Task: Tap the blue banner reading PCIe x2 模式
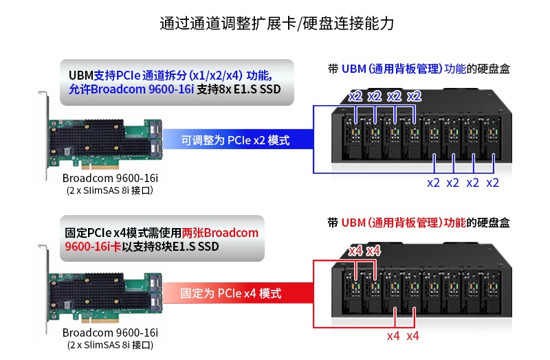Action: point(235,140)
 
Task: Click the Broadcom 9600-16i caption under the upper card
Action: point(111,179)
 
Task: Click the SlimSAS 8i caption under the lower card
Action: point(110,344)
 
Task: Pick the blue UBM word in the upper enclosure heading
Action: point(353,69)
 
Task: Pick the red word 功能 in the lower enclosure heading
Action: point(454,223)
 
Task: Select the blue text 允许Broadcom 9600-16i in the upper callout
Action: point(131,89)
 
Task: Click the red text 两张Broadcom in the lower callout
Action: point(221,232)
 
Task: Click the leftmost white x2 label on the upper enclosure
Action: point(355,95)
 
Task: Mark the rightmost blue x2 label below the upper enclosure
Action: point(493,183)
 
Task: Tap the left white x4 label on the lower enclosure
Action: point(355,251)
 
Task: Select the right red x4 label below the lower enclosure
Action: point(412,336)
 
